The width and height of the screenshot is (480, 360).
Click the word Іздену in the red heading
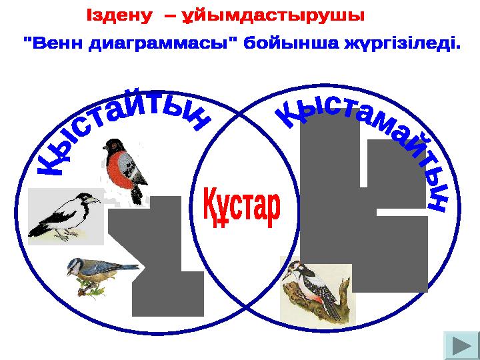119,15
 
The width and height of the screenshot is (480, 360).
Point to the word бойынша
291,44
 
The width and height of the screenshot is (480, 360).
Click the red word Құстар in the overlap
242,207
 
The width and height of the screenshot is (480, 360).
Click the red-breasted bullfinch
125,169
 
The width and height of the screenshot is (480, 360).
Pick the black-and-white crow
65,216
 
